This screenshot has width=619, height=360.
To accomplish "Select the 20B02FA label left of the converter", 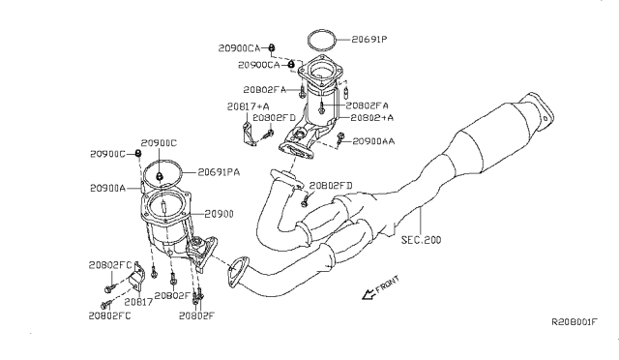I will [281, 88].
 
